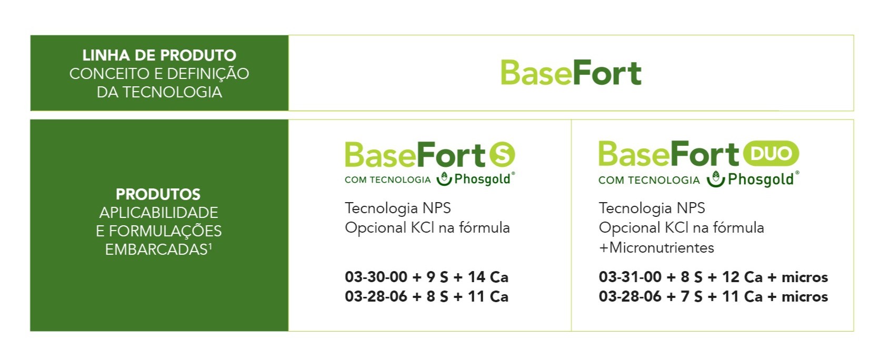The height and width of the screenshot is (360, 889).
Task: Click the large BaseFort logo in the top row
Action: (x=571, y=73)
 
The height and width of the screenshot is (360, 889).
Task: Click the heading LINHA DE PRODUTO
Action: (x=159, y=55)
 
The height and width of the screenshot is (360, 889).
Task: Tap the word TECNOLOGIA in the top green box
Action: (x=172, y=92)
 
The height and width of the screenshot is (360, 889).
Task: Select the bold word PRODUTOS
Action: (x=158, y=194)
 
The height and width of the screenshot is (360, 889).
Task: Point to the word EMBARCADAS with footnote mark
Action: (x=158, y=249)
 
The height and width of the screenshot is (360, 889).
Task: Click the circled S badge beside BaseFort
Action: (x=502, y=154)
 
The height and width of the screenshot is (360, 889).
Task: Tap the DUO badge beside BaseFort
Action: (x=771, y=153)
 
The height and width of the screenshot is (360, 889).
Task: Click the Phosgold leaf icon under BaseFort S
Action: (x=444, y=178)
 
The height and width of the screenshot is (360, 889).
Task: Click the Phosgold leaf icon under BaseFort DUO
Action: (x=716, y=178)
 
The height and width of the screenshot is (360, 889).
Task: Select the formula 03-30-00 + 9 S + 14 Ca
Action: (x=426, y=277)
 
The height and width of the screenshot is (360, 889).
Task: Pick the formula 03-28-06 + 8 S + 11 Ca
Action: (x=426, y=296)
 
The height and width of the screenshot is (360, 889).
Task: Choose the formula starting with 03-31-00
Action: (x=713, y=277)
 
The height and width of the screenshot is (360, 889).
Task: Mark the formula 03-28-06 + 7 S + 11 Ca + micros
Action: (x=713, y=296)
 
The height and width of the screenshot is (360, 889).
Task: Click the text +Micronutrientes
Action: (x=656, y=248)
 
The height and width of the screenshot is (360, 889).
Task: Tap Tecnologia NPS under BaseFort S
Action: (x=398, y=208)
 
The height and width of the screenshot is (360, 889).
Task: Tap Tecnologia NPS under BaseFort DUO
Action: (x=652, y=208)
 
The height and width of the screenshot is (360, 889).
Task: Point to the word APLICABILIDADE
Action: (x=158, y=213)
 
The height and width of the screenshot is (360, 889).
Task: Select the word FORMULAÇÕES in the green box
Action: (x=165, y=231)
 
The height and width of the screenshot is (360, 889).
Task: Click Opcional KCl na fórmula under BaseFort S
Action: (x=427, y=228)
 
